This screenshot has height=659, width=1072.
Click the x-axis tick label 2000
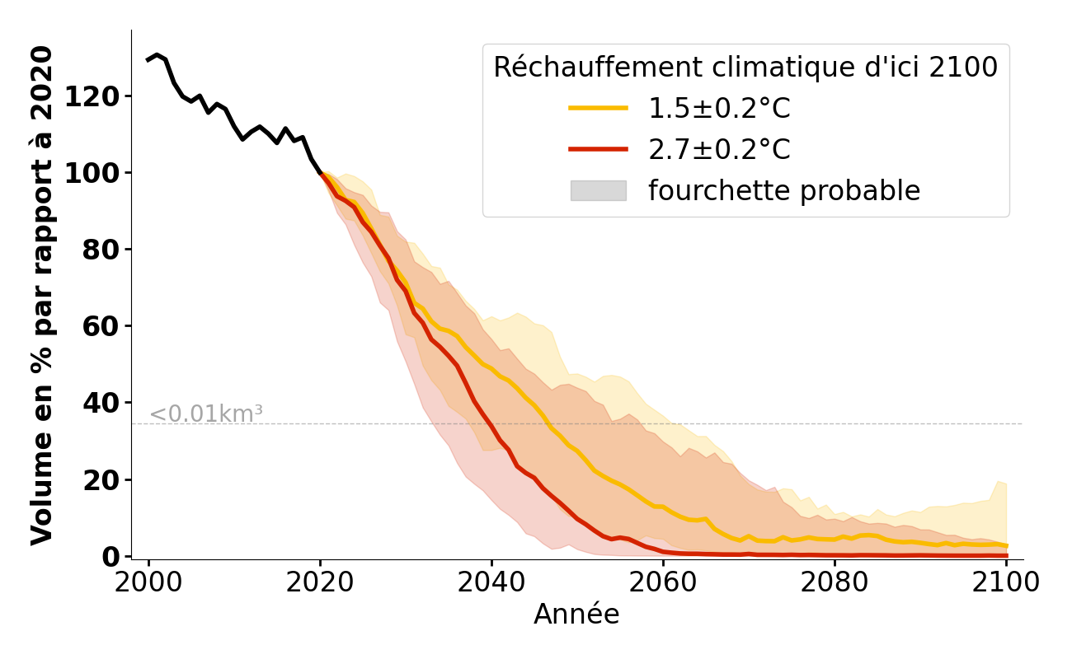click(148, 583)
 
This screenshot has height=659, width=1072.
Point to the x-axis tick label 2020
click(320, 583)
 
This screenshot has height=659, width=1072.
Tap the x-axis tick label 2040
click(491, 583)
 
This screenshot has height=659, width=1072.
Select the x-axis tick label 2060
click(663, 583)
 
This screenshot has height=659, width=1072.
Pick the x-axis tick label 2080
click(835, 583)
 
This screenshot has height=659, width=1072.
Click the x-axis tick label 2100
click(1006, 583)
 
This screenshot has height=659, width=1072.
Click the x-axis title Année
click(576, 615)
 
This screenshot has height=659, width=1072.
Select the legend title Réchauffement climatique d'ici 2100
click(745, 68)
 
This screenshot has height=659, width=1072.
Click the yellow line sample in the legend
click(598, 109)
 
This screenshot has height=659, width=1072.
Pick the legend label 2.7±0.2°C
click(719, 150)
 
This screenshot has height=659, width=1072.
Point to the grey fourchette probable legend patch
click(598, 191)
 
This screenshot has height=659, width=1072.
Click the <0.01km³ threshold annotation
click(206, 414)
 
